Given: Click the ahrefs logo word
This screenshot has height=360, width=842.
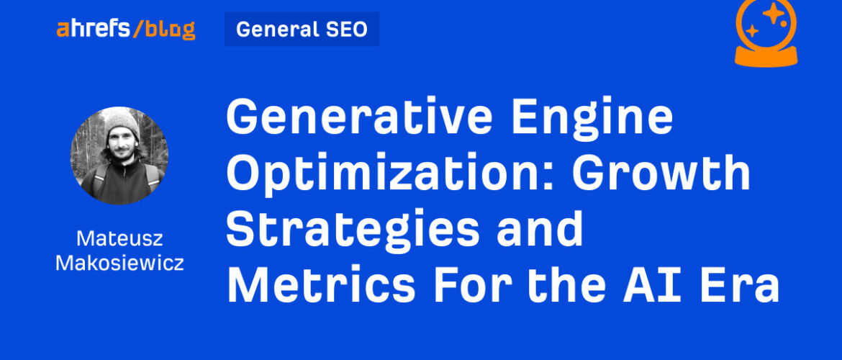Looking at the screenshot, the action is pos(92,29).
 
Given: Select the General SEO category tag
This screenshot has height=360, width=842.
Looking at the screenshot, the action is pos(302,29).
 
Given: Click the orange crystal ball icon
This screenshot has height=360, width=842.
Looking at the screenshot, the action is pos(766,33).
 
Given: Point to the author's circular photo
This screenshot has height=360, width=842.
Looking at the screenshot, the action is pos(119,156).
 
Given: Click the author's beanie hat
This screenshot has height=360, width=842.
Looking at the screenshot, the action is pos(122,122).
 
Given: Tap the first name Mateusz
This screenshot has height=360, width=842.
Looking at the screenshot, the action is pos(119,238).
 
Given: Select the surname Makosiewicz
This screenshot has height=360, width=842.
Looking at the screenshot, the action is pos(119,263).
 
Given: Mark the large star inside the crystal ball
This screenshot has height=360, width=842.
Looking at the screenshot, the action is pos(773,13).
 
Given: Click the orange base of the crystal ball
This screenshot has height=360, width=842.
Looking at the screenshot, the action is pos(766,55).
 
